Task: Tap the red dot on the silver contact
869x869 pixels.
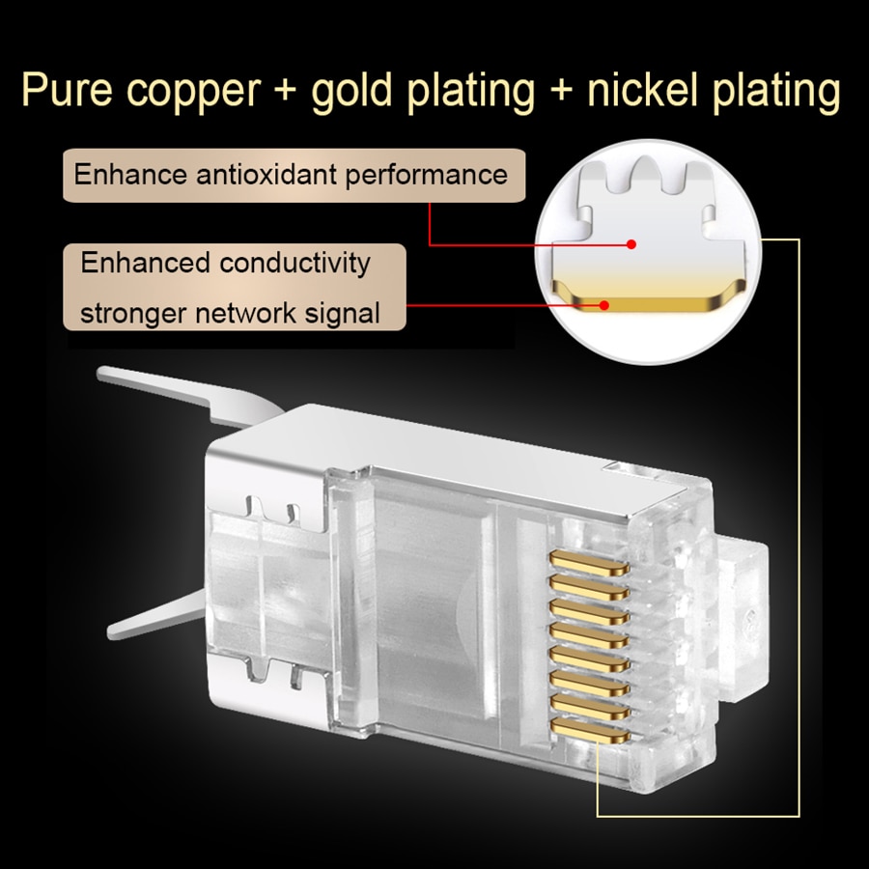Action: tap(631, 244)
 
